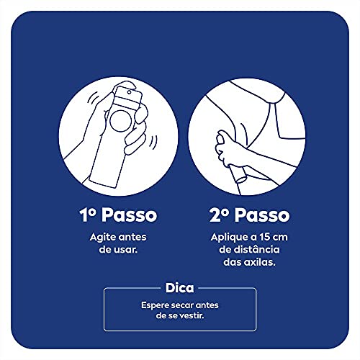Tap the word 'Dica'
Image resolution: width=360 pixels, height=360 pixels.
[x=180, y=287]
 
